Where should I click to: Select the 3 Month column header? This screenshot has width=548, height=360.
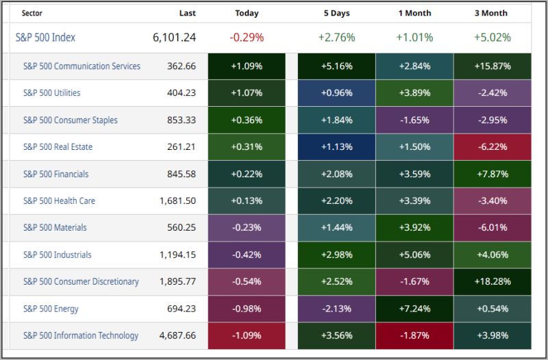click(490, 13)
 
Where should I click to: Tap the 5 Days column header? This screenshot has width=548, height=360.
click(336, 13)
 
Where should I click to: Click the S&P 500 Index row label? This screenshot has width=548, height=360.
click(45, 38)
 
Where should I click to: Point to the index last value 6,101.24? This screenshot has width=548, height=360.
click(174, 38)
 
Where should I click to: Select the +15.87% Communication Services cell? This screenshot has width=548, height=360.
click(491, 66)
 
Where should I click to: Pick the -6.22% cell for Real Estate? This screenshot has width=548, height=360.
click(491, 147)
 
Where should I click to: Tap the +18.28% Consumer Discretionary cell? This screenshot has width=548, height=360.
click(491, 282)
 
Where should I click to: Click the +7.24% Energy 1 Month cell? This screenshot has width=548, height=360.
click(414, 309)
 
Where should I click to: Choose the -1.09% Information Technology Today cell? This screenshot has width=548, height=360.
click(247, 336)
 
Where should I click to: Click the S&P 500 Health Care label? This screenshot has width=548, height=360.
click(59, 201)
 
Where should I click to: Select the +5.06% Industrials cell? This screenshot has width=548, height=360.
click(414, 255)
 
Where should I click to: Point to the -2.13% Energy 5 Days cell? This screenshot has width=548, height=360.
click(336, 309)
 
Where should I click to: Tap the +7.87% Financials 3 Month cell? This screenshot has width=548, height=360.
click(491, 174)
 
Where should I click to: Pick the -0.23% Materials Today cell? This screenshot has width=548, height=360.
click(247, 228)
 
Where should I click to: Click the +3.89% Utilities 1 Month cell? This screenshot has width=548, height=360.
click(414, 93)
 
